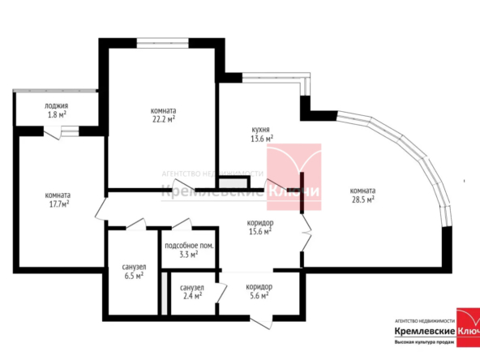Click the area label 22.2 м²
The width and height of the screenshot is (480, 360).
(164, 119)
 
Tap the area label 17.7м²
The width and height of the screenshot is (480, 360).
(59, 204)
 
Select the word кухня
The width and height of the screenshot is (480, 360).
(260, 130)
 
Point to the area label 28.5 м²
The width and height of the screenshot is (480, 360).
(362, 199)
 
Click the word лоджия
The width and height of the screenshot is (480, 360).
(56, 106)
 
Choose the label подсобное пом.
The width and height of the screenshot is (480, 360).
(189, 246)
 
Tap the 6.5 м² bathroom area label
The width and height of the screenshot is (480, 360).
(134, 276)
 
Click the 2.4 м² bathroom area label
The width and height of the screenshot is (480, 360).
(192, 296)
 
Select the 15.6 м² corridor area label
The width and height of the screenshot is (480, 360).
(260, 231)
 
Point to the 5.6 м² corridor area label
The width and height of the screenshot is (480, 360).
(259, 295)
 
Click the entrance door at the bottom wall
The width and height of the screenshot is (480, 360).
(261, 323)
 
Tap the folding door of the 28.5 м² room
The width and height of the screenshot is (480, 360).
(306, 233)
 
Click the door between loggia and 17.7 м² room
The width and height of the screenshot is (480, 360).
(53, 133)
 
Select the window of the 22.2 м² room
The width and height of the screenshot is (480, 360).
(162, 43)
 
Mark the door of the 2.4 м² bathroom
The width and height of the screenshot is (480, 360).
(221, 293)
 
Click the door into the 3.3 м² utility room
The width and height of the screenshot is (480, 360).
(182, 224)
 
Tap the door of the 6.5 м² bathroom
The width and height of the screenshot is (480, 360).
(136, 224)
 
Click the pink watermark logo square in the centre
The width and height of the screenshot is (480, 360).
(294, 177)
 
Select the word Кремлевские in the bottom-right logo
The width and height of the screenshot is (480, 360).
(425, 332)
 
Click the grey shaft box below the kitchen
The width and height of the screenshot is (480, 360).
(233, 184)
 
